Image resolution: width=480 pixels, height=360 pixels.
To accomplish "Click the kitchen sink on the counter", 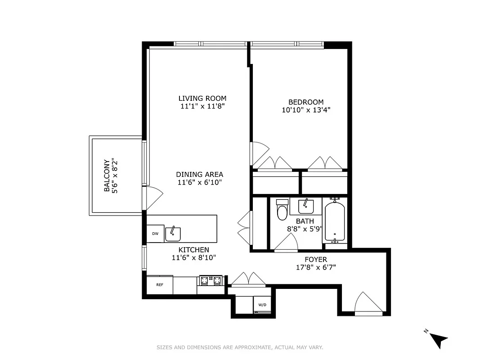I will [173, 234].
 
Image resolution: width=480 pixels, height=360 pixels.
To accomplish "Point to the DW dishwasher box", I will [155, 234].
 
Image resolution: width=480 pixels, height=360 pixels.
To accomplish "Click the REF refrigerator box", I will [159, 285].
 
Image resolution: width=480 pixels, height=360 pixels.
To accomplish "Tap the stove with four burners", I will [211, 281].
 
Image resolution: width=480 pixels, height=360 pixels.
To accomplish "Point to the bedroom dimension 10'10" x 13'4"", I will [305, 110].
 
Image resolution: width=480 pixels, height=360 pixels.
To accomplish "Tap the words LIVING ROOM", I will [202, 99].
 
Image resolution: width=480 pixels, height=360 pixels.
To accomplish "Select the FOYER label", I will [315, 260].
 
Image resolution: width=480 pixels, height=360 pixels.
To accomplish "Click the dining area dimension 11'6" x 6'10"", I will [199, 182].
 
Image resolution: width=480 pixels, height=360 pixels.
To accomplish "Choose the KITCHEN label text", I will [193, 250].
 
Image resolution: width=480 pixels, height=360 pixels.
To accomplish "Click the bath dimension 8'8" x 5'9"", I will [305, 229].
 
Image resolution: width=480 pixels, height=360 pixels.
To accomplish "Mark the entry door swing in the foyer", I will [367, 303].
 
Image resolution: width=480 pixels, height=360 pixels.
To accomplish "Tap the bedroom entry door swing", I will [259, 152].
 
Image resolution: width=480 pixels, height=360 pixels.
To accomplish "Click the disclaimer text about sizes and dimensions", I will [240, 347].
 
